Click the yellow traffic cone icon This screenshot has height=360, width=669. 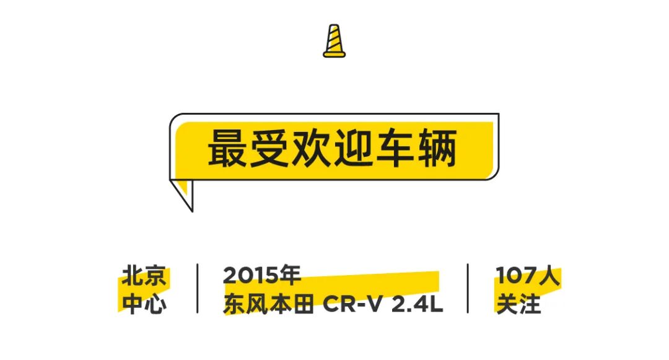[x=334, y=41]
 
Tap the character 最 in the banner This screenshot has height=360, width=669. [x=227, y=148]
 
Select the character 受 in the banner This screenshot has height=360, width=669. [x=269, y=148]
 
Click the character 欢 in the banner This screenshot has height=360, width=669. [x=311, y=148]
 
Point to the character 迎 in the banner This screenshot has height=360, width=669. [x=352, y=148]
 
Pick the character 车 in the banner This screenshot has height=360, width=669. [x=395, y=148]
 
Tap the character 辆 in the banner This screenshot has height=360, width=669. [x=437, y=148]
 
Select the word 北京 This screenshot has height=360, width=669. [x=144, y=276]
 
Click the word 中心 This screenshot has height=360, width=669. [x=144, y=304]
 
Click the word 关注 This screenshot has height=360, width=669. [x=518, y=304]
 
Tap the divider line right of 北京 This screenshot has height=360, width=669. [x=198, y=288]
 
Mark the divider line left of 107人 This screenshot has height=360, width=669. [x=468, y=288]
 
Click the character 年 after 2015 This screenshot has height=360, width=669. [x=289, y=276]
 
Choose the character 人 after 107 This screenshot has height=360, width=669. [x=548, y=276]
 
